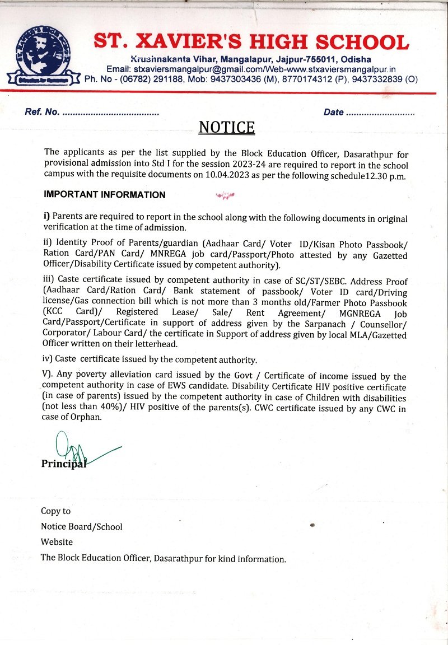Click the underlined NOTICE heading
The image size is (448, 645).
pyautogui.click(x=227, y=128)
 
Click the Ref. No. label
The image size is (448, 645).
pyautogui.click(x=42, y=113)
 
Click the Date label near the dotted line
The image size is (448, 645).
pyautogui.click(x=334, y=113)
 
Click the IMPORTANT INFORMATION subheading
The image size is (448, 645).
pyautogui.click(x=105, y=195)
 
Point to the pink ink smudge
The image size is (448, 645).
pyautogui.click(x=225, y=195)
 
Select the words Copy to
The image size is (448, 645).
pyautogui.click(x=56, y=511)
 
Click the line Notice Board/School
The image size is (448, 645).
pyautogui.click(x=82, y=526)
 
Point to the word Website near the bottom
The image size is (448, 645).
pyautogui.click(x=57, y=542)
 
